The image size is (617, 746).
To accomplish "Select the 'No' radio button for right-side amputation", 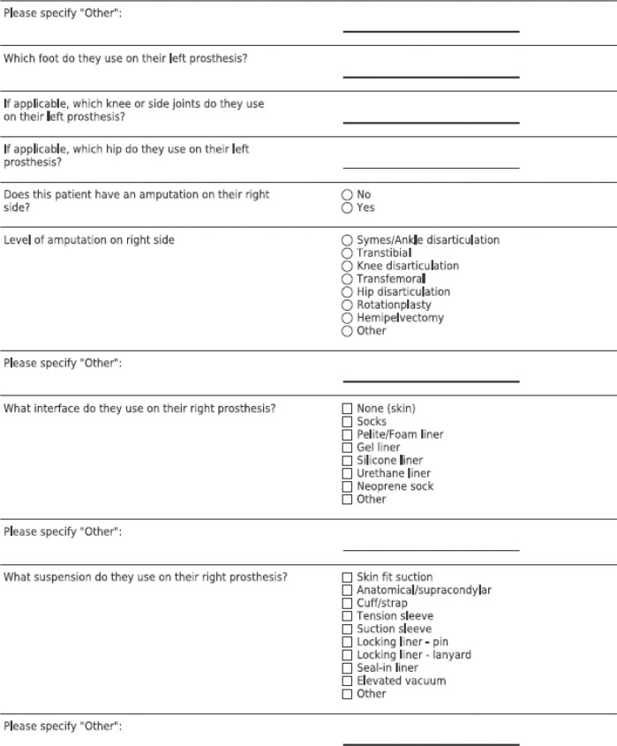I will pyautogui.click(x=347, y=195).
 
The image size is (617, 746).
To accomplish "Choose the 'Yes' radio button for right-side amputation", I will pyautogui.click(x=347, y=207).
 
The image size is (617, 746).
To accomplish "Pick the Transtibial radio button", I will pyautogui.click(x=347, y=253).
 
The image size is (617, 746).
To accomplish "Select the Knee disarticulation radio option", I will pyautogui.click(x=347, y=266).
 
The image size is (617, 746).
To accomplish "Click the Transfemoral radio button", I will pyautogui.click(x=347, y=279).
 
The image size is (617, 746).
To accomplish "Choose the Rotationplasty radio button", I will pyautogui.click(x=347, y=305).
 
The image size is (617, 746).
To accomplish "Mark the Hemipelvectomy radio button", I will pyautogui.click(x=347, y=318).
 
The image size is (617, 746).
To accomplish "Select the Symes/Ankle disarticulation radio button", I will pyautogui.click(x=347, y=240).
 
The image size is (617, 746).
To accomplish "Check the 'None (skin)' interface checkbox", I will pyautogui.click(x=347, y=409).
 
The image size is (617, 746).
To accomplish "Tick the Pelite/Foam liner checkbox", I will pyautogui.click(x=347, y=434).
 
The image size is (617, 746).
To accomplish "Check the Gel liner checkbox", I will pyautogui.click(x=347, y=448).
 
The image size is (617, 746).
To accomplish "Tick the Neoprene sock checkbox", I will pyautogui.click(x=347, y=486).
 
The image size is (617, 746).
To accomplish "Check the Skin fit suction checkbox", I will pyautogui.click(x=347, y=577).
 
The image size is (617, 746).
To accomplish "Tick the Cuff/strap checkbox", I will pyautogui.click(x=347, y=603).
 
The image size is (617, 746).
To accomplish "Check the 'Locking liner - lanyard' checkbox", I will pyautogui.click(x=347, y=655).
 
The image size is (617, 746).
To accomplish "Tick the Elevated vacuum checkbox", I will pyautogui.click(x=347, y=681).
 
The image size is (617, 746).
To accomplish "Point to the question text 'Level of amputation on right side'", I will pyautogui.click(x=89, y=240).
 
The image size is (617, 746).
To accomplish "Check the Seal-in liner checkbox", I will pyautogui.click(x=347, y=668).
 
